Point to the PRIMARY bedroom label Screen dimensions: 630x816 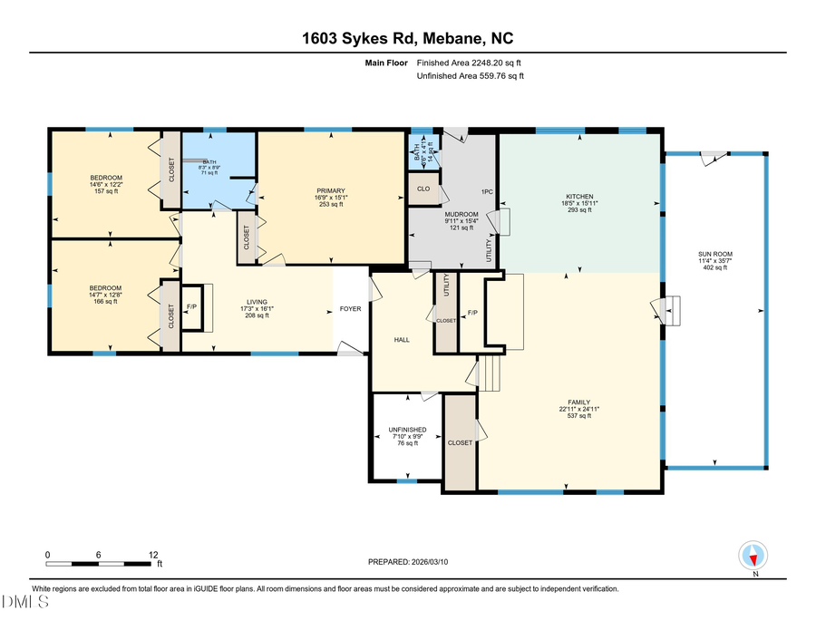[330, 191]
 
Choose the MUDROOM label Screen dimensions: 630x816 [454, 215]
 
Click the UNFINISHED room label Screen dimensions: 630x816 [407, 430]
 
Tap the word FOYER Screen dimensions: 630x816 [350, 309]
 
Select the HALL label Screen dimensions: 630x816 [402, 340]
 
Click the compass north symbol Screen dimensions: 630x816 [754, 555]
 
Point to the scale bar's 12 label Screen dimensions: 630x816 [153, 554]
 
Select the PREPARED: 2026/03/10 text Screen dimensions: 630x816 [408, 562]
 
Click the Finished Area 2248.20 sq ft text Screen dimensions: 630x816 [469, 63]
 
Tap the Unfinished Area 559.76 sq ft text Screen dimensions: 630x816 [471, 76]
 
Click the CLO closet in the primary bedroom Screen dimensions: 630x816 [423, 189]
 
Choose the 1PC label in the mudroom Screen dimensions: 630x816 [487, 192]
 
